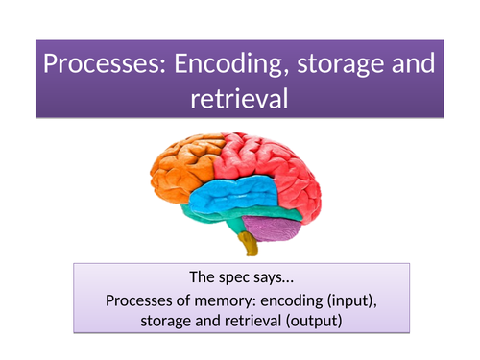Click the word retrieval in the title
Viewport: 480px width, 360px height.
(239, 99)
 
